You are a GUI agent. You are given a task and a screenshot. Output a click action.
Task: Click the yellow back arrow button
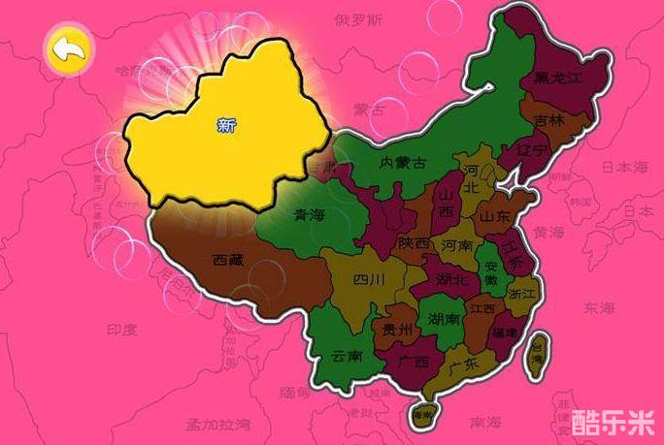click(x=68, y=49)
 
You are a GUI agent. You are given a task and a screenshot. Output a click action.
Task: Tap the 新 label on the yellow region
click(x=226, y=124)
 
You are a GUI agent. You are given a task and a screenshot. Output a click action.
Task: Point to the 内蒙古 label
click(x=403, y=163)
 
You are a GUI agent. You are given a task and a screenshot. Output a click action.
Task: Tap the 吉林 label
click(x=549, y=120)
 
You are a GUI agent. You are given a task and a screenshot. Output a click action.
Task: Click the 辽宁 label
click(x=533, y=150)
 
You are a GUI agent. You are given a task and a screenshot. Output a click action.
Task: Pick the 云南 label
click(x=347, y=355)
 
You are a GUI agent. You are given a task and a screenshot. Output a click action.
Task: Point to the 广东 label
click(x=464, y=365)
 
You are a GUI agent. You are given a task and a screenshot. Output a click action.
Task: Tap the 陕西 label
click(x=413, y=243)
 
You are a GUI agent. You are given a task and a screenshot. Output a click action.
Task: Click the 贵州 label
click(x=398, y=330)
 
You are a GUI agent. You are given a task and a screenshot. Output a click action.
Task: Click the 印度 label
click(x=123, y=330)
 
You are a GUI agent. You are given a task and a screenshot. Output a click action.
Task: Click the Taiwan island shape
click(x=536, y=353)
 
